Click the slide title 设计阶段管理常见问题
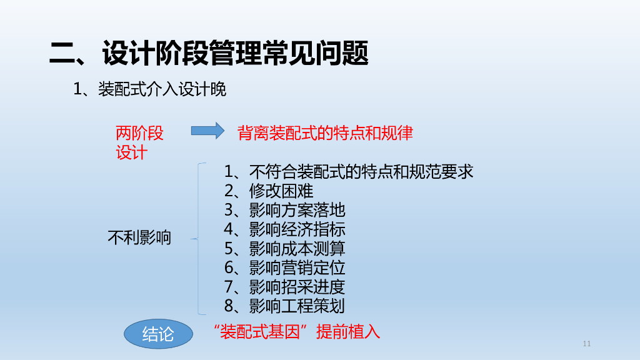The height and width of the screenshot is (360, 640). coord(209,54)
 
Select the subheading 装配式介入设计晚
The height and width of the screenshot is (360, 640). coord(149,89)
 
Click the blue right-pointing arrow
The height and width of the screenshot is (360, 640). coord(207,131)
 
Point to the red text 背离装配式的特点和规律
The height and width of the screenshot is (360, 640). coord(325,133)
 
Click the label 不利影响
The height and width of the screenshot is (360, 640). coord(139,237)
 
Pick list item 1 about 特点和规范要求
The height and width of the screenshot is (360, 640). coord(348,171)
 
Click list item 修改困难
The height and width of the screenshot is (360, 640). coord(269,191)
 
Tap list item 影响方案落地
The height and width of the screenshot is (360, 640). coord(284,210)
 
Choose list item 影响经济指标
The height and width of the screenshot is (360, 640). coord(284,229)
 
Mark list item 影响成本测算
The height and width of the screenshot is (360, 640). coord(284,249)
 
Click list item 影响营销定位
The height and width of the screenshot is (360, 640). coord(284,268)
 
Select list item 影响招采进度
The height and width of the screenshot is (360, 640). coord(284,287)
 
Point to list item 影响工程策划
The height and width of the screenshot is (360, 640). coord(284,306)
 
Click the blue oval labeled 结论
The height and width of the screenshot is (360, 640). coord(158,334)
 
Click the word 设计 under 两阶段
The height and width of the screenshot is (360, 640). coord(131,152)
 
